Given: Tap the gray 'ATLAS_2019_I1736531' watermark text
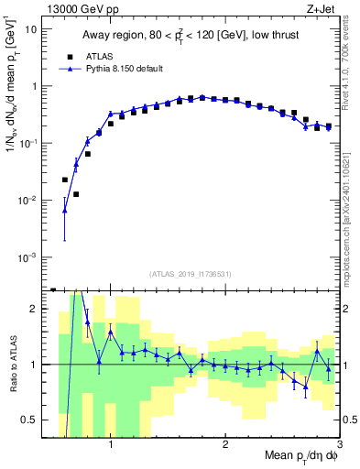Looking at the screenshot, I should (x=190, y=274).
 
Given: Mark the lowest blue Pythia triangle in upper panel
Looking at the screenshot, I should (x=64, y=211).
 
